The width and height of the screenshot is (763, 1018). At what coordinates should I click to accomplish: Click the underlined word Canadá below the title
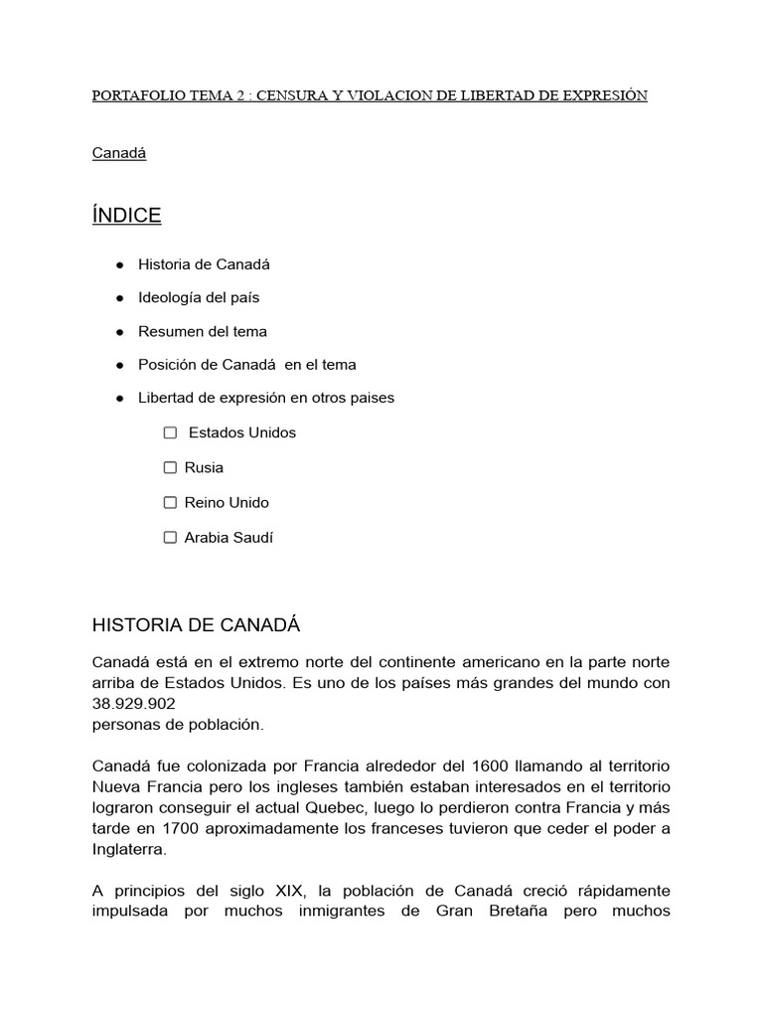click(x=119, y=154)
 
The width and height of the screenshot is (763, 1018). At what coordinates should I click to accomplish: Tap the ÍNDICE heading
click(x=126, y=216)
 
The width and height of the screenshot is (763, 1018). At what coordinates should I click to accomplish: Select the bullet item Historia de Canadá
click(x=204, y=264)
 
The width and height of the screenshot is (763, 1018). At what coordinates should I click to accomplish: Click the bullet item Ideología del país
click(x=199, y=297)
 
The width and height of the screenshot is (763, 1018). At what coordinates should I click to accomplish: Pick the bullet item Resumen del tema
click(x=203, y=331)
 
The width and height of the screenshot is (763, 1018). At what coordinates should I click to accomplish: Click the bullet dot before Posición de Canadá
click(x=119, y=365)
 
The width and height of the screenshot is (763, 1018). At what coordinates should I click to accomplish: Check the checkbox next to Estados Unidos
click(x=170, y=432)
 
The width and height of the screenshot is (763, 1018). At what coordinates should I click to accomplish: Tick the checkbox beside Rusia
click(x=170, y=467)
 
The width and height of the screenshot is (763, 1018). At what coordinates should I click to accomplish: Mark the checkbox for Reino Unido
click(x=170, y=502)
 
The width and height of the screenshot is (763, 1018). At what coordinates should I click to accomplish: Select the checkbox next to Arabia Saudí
click(x=170, y=537)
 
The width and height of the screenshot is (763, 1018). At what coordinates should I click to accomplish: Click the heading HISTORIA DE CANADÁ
click(x=196, y=625)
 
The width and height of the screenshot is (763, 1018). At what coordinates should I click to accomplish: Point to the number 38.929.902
click(x=134, y=704)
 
